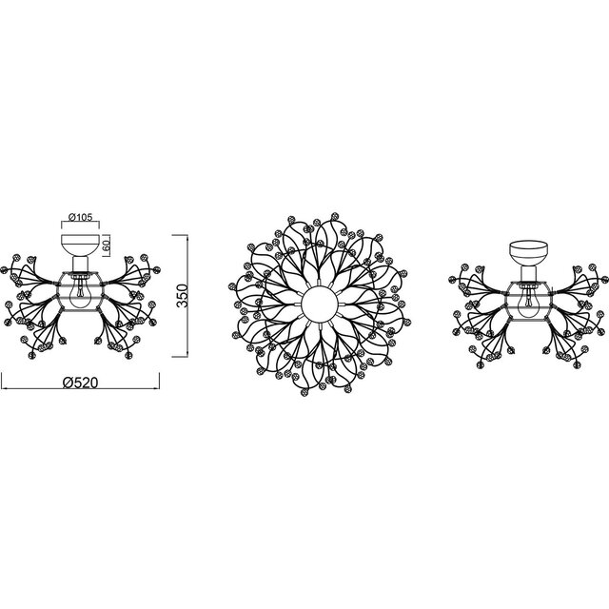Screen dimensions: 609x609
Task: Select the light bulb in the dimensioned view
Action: point(82,288)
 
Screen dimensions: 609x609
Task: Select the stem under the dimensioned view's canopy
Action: point(82,263)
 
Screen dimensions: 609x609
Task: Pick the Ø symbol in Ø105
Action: point(71,216)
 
